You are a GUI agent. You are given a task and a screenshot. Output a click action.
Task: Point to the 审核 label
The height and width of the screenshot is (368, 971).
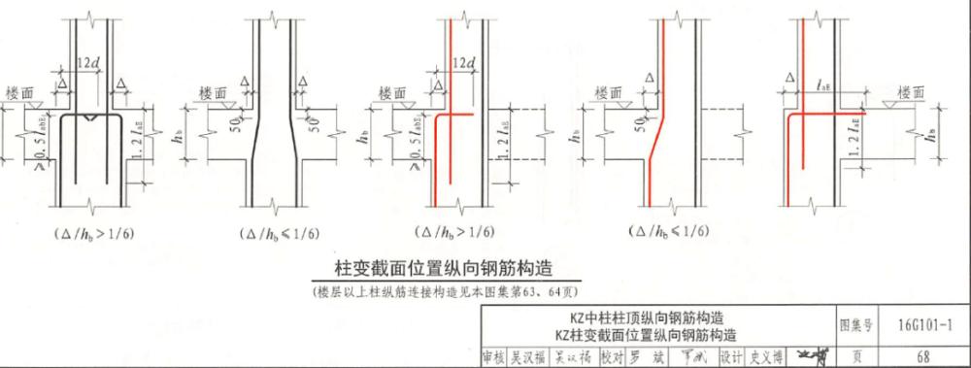tap(494, 357)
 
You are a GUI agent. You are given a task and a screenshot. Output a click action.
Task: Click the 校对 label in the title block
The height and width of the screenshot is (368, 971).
tap(611, 357)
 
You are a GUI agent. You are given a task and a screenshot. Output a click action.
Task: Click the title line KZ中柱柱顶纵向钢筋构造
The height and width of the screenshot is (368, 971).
tap(645, 318)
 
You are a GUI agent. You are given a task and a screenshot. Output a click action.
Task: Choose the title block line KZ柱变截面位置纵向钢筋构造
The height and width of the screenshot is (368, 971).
tap(645, 335)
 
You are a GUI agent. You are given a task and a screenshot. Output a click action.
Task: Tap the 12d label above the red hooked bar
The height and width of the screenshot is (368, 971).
tap(462, 64)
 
